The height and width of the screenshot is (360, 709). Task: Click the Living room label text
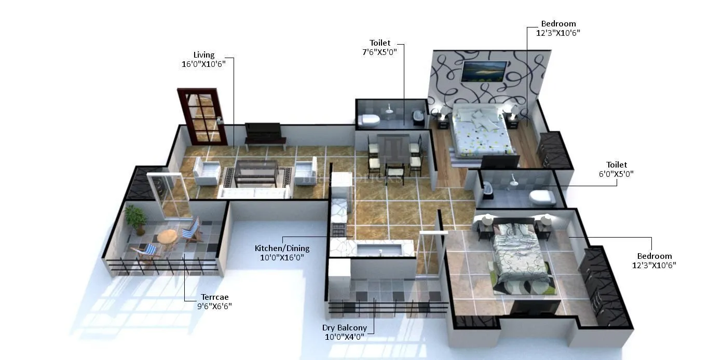point(203,55)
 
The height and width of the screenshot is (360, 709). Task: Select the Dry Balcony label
point(344,328)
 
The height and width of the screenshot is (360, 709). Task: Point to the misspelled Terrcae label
point(215,297)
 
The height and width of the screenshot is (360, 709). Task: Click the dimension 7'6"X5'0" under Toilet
point(379,52)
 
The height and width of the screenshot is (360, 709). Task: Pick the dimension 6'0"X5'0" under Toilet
point(616,174)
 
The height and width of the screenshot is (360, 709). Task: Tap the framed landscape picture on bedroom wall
point(484,71)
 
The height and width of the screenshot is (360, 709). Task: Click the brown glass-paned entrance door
point(203,117)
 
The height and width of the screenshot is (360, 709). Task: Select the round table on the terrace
point(167,237)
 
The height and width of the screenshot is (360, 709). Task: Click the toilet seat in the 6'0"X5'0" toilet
point(543,197)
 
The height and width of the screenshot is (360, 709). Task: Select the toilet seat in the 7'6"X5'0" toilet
point(369,120)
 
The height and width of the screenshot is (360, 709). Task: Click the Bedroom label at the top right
point(558,24)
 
